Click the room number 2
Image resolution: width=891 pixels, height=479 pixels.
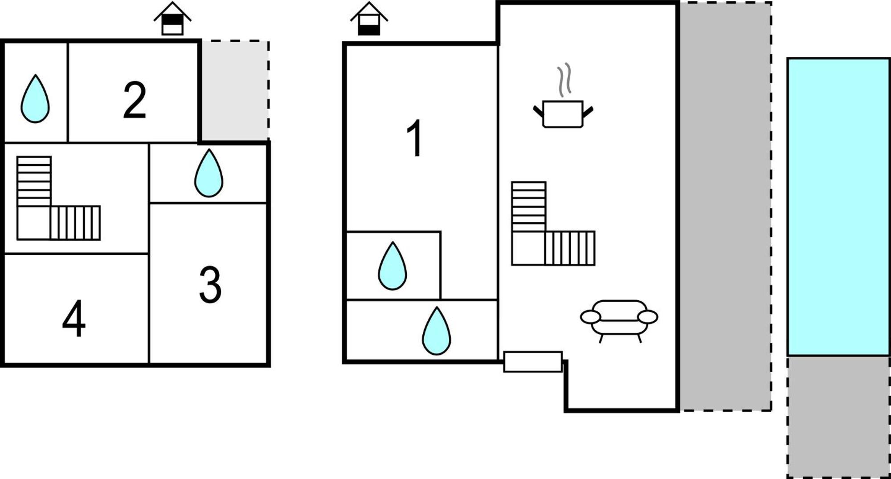tap(135, 100)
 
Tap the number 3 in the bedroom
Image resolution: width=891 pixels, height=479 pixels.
tap(210, 285)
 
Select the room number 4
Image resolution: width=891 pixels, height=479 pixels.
tap(74, 318)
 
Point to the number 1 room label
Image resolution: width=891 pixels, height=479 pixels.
tap(415, 138)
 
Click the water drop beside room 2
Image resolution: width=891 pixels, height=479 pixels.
tap(35, 99)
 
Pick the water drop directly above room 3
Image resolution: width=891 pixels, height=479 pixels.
tap(208, 173)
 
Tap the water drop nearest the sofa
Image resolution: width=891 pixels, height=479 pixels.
tap(437, 331)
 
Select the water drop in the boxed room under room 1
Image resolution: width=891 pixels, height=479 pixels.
tap(392, 266)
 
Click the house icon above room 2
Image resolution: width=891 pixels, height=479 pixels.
tap(172, 18)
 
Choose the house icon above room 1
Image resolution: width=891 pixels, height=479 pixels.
tap(369, 18)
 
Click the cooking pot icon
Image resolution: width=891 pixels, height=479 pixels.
tap(563, 114)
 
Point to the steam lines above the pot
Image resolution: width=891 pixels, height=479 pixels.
tap(564, 80)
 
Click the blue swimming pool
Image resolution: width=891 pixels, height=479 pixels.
tap(838, 207)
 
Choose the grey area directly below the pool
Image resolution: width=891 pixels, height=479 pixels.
tap(838, 417)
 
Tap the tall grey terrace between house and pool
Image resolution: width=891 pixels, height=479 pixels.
tap(725, 206)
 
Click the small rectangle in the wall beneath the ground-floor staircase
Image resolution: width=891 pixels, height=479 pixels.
tap(533, 362)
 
